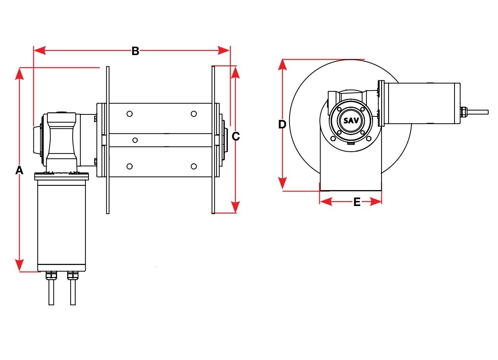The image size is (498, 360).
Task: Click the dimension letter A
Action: pos(19,170)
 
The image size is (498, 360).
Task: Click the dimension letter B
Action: pos(135,51)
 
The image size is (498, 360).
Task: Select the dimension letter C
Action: pos(236,136)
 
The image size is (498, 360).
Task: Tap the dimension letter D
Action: pos(282,125)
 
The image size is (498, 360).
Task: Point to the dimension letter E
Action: pos(357,202)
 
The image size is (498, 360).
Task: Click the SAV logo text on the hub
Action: pos(351,120)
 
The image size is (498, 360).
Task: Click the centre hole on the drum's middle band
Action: pos(135,140)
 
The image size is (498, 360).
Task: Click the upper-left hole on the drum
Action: pos(130,114)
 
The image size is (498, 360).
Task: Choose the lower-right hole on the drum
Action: pos(194,166)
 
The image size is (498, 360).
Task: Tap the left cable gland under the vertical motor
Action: pos(50,275)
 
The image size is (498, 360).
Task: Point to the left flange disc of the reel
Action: pos(108,140)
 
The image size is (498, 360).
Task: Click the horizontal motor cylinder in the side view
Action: pos(424,103)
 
